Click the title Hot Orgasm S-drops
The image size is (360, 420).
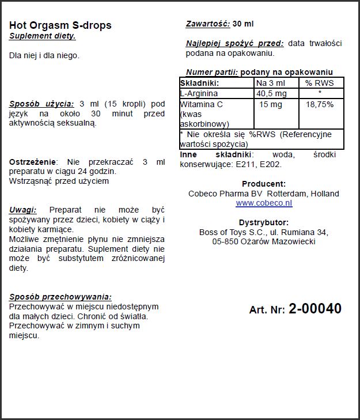[x=60, y=25]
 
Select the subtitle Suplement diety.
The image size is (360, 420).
[x=42, y=36]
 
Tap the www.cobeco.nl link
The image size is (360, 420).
[x=264, y=203]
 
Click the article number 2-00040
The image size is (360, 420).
[x=314, y=309]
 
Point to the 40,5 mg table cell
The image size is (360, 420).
[x=271, y=93]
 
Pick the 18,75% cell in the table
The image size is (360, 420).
[x=319, y=104]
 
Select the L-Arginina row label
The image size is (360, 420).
[x=199, y=93]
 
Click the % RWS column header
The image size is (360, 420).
[x=320, y=83]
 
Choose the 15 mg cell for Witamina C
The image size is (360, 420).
[x=270, y=104]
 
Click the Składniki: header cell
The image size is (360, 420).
[x=200, y=83]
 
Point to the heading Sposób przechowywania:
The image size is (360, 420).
[x=60, y=297]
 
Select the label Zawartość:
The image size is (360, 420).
[x=208, y=24]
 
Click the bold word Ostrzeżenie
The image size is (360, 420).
[x=33, y=162]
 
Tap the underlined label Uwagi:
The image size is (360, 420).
[x=23, y=210]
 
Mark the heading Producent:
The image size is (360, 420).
[x=263, y=184]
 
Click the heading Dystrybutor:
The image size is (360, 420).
[x=263, y=222]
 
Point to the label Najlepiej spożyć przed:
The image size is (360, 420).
[x=234, y=43]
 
